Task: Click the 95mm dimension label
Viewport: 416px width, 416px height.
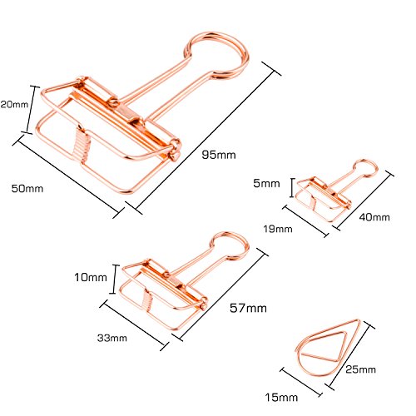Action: tap(219, 155)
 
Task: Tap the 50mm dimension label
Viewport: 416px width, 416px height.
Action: tap(27, 189)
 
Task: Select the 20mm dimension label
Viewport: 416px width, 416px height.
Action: tap(14, 104)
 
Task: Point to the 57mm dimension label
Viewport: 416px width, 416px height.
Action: tap(248, 308)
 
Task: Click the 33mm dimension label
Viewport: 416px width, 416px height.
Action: tap(112, 338)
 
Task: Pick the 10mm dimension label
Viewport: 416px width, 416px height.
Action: tap(91, 277)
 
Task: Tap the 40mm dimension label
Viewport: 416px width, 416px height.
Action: tap(374, 217)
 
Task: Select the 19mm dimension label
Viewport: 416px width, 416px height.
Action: tap(278, 229)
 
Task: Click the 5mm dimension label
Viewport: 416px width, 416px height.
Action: tap(266, 183)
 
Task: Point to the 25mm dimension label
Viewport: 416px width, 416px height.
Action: tap(360, 369)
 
